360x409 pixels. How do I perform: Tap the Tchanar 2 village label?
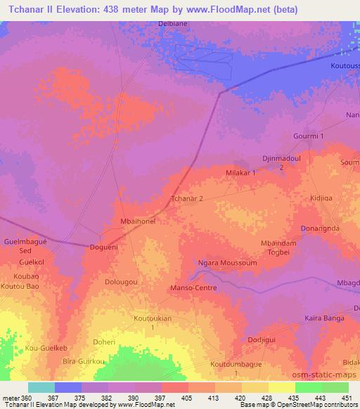tap(188, 199)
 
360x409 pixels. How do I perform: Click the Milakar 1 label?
tap(240, 172)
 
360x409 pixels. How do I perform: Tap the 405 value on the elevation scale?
tap(187, 398)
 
